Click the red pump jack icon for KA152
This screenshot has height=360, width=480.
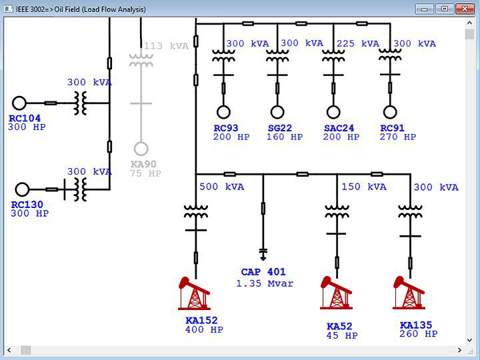tap(195, 294)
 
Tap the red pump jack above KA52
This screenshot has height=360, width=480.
tap(336, 293)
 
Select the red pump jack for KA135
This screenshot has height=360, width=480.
tap(409, 293)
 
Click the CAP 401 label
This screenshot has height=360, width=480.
tap(263, 272)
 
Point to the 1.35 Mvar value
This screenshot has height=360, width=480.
tap(265, 283)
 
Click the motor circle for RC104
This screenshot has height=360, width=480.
tap(19, 103)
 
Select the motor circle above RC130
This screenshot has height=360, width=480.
tap(23, 189)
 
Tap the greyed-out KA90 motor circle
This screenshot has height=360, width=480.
tap(141, 149)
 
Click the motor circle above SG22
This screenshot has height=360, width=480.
tap(277, 112)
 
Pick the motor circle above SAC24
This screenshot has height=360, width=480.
tap(333, 112)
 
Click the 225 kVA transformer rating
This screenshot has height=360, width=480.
tap(358, 44)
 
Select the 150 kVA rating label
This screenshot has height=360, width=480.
tap(364, 187)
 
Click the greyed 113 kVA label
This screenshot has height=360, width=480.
tap(167, 46)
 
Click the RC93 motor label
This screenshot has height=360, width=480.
tap(226, 128)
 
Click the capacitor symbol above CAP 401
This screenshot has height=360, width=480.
tap(263, 254)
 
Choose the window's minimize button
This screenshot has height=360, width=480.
tap(424, 9)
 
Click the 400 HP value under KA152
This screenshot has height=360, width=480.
tap(204, 330)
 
